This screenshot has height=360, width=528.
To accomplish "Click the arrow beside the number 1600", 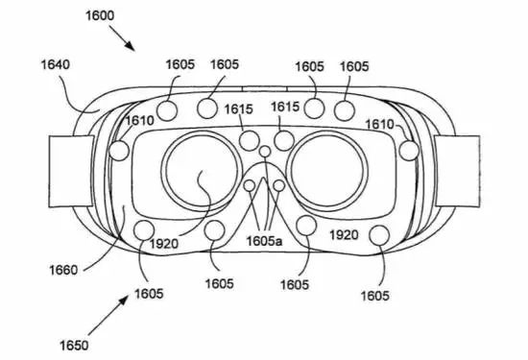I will (x=119, y=38).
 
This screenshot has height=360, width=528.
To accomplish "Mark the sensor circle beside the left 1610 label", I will (x=120, y=151).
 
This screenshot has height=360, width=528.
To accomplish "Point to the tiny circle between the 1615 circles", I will (x=264, y=152).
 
